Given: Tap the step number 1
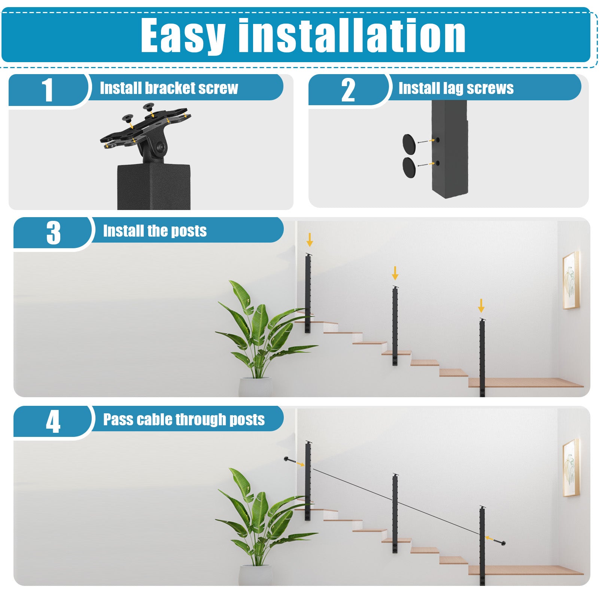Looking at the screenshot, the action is coord(48,90).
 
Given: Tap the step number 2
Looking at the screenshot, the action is coord(348,90).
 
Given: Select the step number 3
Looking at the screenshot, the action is coord(54,233).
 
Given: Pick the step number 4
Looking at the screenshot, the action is coord(53,422).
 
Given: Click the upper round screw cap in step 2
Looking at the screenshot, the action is coord(409,143).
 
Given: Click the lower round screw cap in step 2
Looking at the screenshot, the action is coord(409,167).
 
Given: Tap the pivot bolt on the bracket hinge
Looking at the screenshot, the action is coord(161,147).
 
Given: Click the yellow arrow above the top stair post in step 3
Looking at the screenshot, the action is coord(310,240).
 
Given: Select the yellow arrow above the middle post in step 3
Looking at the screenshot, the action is coord(395,273).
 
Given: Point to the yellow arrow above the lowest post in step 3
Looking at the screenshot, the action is coord(481,305).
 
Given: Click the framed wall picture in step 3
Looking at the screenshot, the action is coord(571,280).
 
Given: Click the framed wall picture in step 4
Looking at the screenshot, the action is coord(571,468).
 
